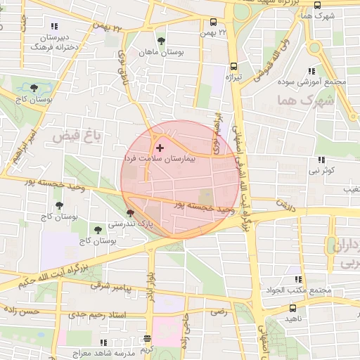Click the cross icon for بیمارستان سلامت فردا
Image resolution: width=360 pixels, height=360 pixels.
click(x=160, y=148)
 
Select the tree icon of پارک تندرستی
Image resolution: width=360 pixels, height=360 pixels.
click(x=129, y=213)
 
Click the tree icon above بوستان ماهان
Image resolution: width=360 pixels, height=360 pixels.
click(x=162, y=41)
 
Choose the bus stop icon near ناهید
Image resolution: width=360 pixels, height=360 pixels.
click(x=292, y=307)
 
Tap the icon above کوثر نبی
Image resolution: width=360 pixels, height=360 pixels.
click(x=321, y=160)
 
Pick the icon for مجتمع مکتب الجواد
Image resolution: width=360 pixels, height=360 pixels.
click(x=298, y=279)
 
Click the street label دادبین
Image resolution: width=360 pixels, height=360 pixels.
click(x=286, y=205)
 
